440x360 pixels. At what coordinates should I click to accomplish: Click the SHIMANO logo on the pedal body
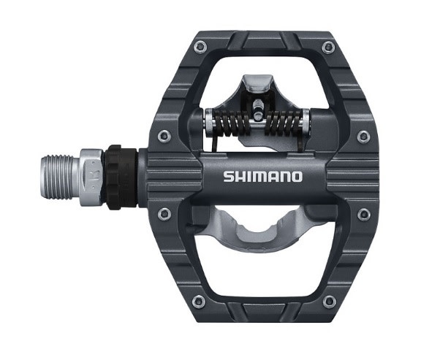(262, 177)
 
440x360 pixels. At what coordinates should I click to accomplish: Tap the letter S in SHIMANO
(229, 177)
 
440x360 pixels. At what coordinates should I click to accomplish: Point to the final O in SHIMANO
(297, 177)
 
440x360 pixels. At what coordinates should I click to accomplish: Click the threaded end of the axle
(57, 177)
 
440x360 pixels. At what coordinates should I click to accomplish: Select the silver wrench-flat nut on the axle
(91, 177)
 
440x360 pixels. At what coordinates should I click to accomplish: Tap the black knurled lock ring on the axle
(121, 177)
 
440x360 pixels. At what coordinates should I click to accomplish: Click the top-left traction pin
(200, 47)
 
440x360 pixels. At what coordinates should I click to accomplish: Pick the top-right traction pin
(329, 47)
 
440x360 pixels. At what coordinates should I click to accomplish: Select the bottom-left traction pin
(199, 302)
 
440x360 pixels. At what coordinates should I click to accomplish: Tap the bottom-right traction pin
(329, 302)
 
